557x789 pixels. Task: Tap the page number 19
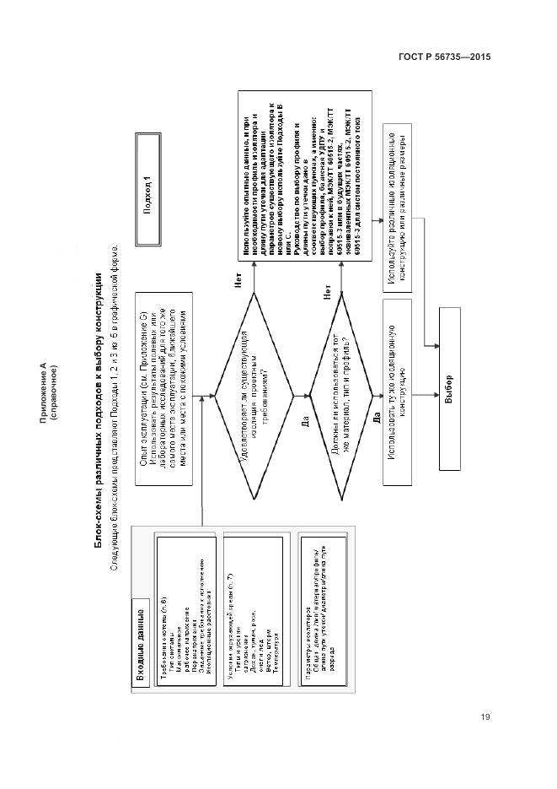coord(486,717)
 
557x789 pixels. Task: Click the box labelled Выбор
coord(449,390)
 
